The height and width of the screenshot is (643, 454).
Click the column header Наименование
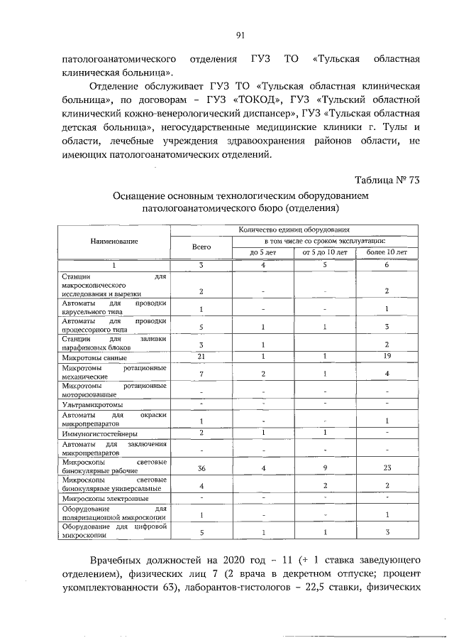(x=114, y=242)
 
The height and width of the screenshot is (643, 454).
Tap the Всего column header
(x=201, y=247)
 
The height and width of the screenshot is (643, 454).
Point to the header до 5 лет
(x=262, y=252)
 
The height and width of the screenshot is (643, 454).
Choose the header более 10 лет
(x=387, y=252)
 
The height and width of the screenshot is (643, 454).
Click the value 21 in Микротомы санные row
(x=201, y=357)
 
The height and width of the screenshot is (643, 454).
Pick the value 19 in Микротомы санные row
(x=387, y=357)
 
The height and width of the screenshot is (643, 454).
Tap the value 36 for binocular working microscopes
(x=201, y=469)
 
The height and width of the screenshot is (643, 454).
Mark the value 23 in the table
(x=387, y=469)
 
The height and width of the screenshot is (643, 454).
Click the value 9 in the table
(x=323, y=469)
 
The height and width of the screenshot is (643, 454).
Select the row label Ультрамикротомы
(x=87, y=405)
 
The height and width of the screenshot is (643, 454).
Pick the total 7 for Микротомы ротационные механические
(x=201, y=374)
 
